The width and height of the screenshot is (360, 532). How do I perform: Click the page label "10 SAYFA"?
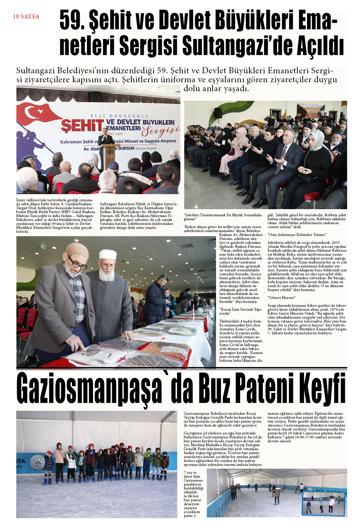coord(26,16)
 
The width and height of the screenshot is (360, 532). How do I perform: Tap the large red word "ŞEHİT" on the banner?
coord(82,125)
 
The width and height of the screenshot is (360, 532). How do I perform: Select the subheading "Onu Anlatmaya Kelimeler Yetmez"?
coord(297,235)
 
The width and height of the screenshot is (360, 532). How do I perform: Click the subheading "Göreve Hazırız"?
coord(282,297)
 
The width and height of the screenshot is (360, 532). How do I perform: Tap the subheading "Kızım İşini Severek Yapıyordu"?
coord(240,311)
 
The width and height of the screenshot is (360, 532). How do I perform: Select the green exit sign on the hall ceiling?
coord(44,247)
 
